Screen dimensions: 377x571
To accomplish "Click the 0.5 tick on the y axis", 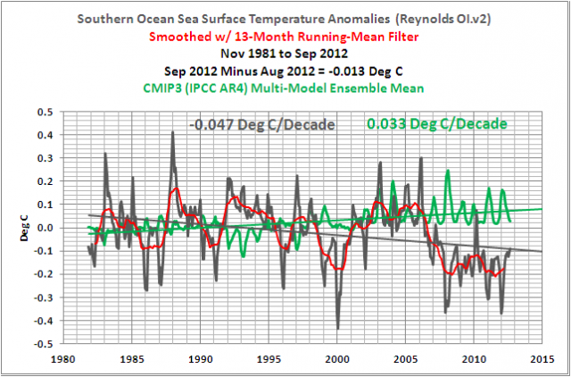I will coord(51,112).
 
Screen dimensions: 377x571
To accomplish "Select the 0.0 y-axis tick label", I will coord(51,227).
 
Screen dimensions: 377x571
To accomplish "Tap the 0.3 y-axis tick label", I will coord(51,158).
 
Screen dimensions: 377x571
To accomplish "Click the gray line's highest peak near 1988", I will coord(172,132).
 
